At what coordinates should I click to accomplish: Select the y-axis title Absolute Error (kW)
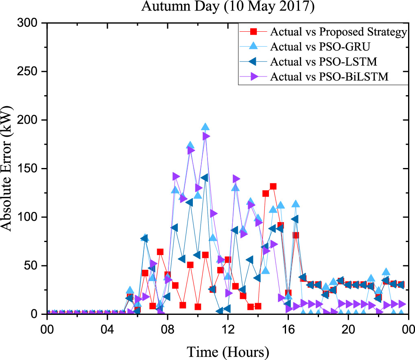9,168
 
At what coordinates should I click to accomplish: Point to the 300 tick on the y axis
31,24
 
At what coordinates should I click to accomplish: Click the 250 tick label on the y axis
31,72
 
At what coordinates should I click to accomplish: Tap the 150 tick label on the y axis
31,169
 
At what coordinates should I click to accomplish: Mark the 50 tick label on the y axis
34,266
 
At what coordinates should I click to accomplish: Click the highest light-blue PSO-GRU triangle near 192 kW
205,128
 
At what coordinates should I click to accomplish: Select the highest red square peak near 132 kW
273,186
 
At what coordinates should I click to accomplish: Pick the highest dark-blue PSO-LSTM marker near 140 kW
205,178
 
